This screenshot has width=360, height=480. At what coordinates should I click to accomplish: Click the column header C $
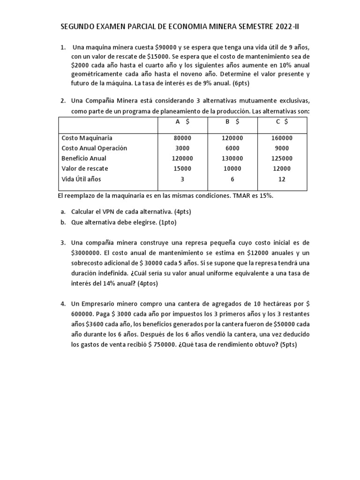282,122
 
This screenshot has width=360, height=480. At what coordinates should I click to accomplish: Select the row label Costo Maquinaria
87,138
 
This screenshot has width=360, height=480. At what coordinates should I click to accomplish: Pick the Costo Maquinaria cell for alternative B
232,138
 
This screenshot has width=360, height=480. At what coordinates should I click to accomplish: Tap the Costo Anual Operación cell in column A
182,148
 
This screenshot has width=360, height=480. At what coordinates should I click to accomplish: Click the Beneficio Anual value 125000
282,158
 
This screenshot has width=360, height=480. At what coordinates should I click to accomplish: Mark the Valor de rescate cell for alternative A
182,169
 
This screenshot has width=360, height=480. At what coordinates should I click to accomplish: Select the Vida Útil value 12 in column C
282,179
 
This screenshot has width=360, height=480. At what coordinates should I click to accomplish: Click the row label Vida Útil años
81,179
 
